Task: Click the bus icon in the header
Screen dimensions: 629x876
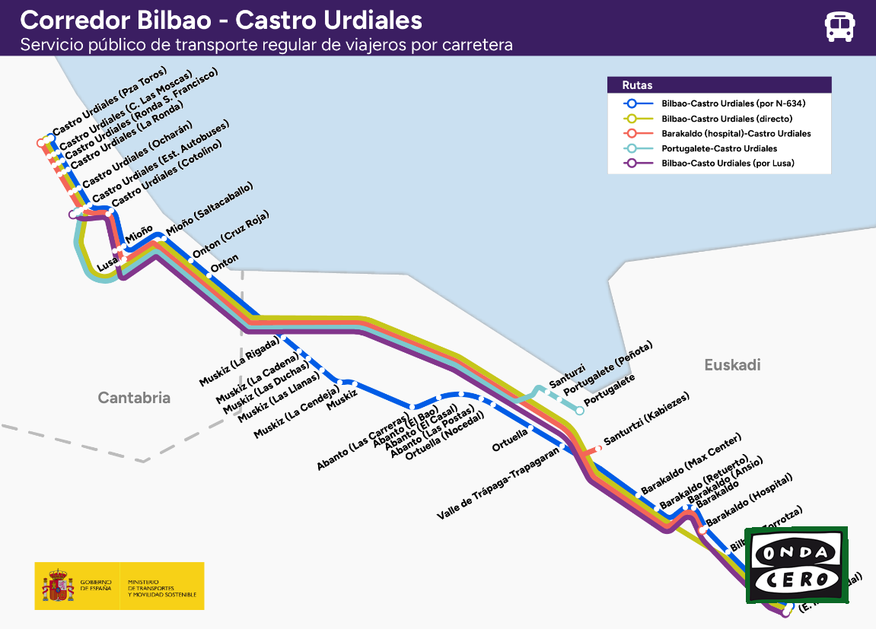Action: (839, 27)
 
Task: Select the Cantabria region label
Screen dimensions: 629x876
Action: (134, 398)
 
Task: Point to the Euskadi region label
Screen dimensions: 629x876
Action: (732, 365)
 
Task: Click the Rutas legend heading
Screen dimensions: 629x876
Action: (638, 85)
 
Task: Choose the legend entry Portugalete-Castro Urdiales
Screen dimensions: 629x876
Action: (708, 148)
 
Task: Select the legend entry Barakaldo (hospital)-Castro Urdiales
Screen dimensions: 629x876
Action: (735, 134)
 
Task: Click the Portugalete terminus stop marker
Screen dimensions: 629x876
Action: (580, 411)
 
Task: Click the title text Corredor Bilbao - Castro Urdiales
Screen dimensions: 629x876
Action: (221, 19)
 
